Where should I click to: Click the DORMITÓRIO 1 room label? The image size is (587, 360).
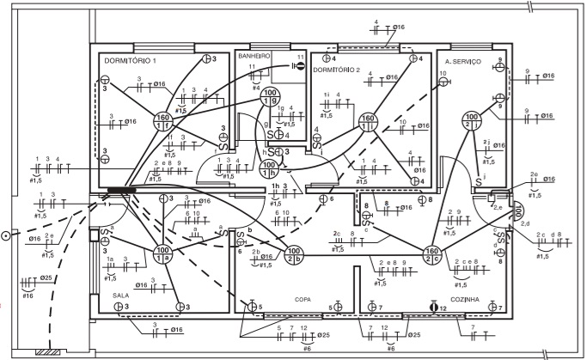pyautogui.click(x=131, y=62)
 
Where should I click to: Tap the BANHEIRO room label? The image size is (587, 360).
pyautogui.click(x=254, y=55)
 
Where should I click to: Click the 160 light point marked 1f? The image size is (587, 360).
pyautogui.click(x=162, y=120)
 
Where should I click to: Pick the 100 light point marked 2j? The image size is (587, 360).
pyautogui.click(x=472, y=120)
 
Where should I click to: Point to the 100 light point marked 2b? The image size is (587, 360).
pyautogui.click(x=294, y=253)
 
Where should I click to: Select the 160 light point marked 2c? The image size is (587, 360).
pyautogui.click(x=432, y=254)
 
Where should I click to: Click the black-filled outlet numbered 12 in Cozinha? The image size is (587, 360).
pyautogui.click(x=433, y=307)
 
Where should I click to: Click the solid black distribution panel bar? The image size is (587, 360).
pyautogui.click(x=123, y=188)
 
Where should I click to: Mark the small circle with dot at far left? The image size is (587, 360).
pyautogui.click(x=5, y=235)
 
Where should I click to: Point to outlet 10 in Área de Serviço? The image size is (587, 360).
pyautogui.click(x=444, y=83)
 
